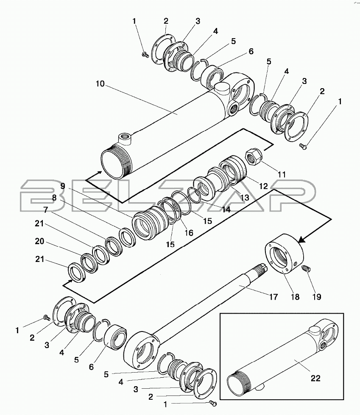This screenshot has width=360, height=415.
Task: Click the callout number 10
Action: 100,84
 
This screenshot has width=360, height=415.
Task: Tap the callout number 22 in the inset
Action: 315,378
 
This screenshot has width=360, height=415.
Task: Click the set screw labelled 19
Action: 306,269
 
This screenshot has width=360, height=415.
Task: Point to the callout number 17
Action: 273,297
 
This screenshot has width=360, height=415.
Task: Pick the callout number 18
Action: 295,297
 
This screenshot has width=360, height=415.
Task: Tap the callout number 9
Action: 63,186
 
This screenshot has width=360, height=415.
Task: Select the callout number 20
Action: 39,241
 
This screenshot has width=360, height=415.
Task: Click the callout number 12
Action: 263,187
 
